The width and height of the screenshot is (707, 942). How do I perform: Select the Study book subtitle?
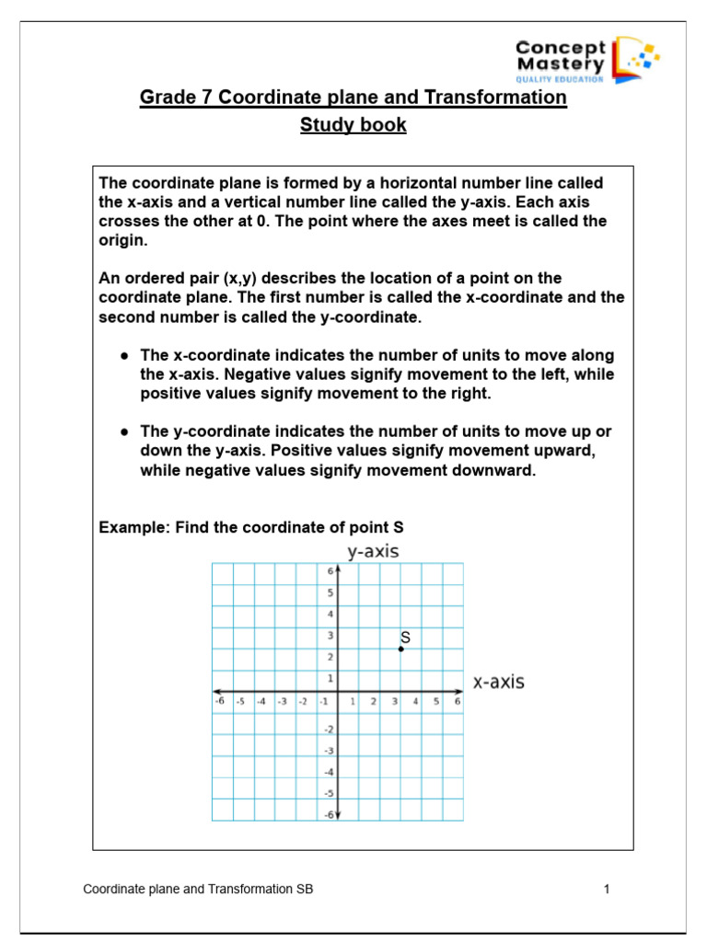coord(353,125)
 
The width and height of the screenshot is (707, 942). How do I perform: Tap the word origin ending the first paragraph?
coord(122,240)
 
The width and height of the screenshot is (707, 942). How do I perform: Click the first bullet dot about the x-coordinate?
coord(122,355)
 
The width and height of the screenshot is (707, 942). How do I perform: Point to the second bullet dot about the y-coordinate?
coord(122,431)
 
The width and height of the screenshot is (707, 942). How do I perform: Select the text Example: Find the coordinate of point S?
coord(250,527)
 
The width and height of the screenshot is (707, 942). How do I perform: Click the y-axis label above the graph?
coord(373,551)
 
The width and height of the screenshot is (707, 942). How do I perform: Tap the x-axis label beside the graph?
coord(498,682)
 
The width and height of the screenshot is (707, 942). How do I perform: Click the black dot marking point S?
coord(401,649)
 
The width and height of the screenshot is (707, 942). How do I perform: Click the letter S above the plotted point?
coord(405,637)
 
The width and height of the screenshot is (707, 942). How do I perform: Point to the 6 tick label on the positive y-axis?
coord(330,571)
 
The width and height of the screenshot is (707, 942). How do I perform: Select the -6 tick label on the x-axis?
coord(218,701)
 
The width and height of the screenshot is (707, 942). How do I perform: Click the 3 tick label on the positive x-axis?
coord(394,701)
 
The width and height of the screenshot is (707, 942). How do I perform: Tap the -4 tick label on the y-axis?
coord(329,772)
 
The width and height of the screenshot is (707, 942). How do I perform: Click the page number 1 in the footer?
coord(607,889)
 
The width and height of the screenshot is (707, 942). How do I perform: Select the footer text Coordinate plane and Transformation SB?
coord(203,889)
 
